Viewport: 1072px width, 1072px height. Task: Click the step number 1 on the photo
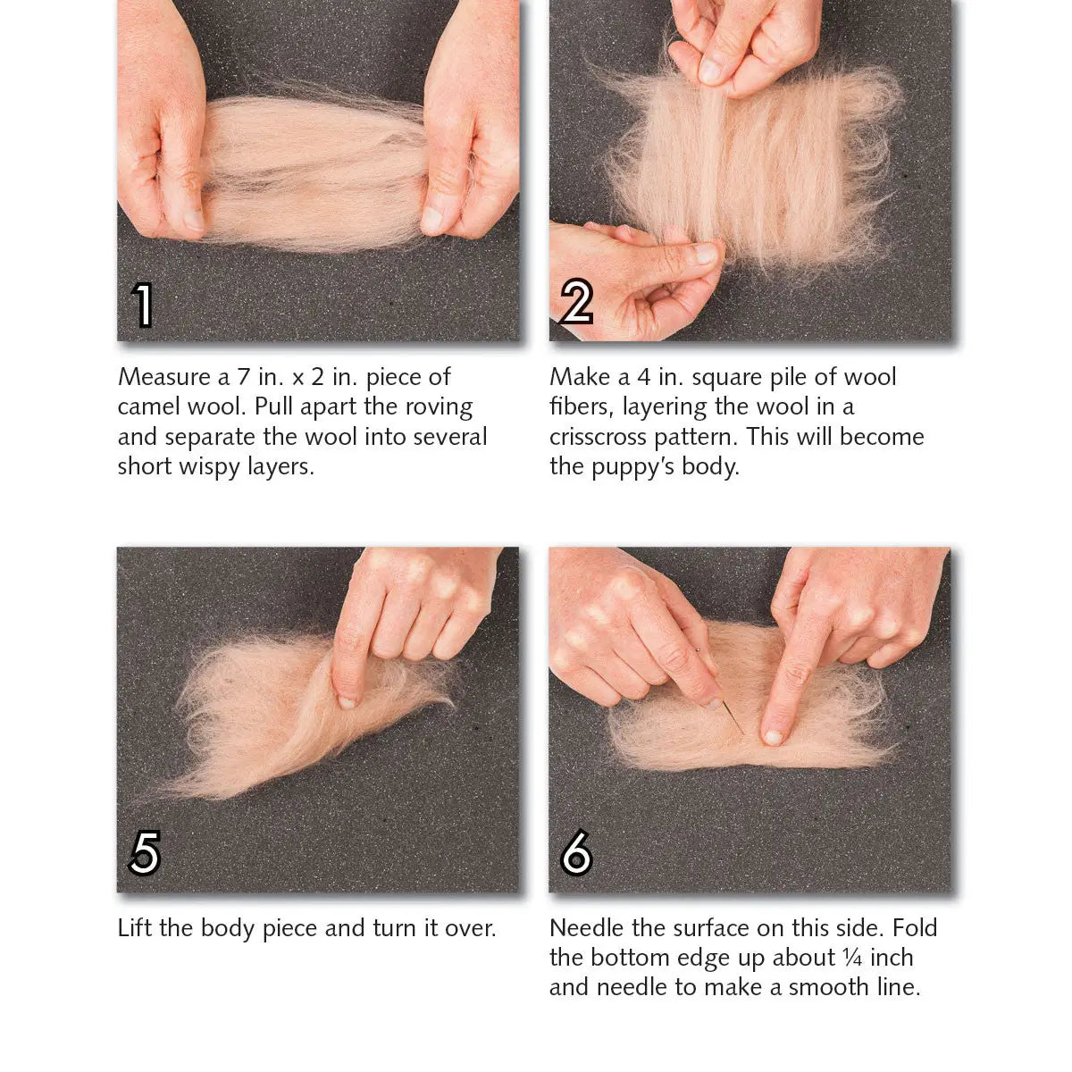pyautogui.click(x=143, y=305)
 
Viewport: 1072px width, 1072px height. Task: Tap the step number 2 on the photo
pyautogui.click(x=576, y=303)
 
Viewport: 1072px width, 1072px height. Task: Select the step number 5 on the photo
pyautogui.click(x=145, y=852)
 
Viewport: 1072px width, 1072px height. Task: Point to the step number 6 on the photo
pyautogui.click(x=576, y=852)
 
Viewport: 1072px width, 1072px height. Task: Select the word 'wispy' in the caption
pyautogui.click(x=210, y=466)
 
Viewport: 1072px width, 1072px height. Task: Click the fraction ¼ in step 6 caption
pyautogui.click(x=852, y=958)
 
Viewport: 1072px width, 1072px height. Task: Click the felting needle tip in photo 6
pyautogui.click(x=741, y=733)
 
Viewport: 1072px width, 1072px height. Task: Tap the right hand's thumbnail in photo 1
pyautogui.click(x=431, y=218)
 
